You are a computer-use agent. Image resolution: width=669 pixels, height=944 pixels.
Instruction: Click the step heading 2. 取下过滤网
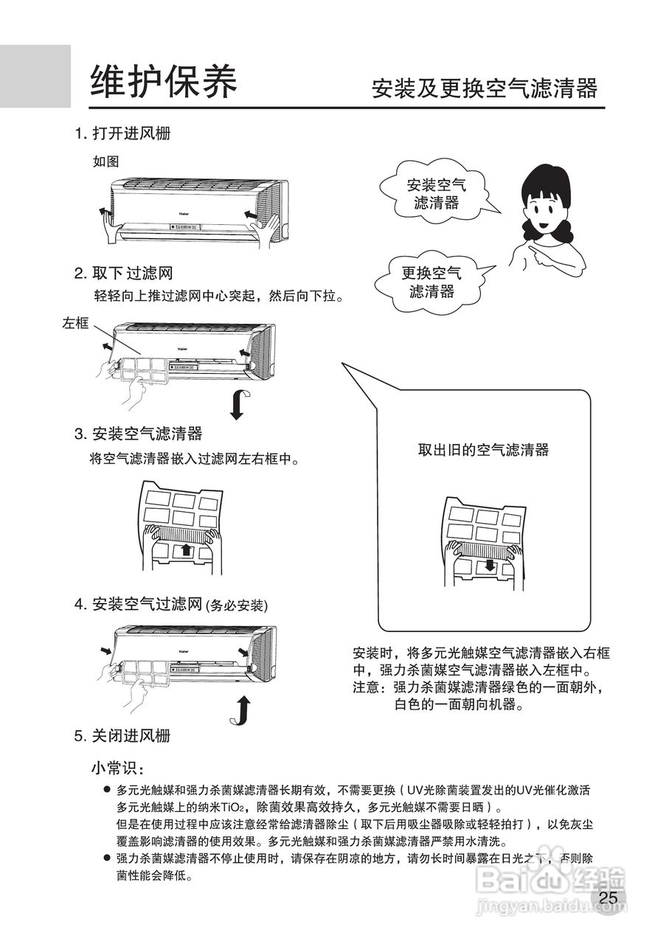pyautogui.click(x=123, y=274)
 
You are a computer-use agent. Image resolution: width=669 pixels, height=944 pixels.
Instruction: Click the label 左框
pyautogui.click(x=75, y=323)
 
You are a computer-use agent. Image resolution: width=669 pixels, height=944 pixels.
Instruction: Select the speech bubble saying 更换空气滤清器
pyautogui.click(x=431, y=282)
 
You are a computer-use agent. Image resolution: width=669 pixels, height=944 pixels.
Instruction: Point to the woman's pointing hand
pyautogui.click(x=538, y=254)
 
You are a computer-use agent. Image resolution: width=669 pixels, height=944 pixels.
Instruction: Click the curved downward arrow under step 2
pyautogui.click(x=239, y=403)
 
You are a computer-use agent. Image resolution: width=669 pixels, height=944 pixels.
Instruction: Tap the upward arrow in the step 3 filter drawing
pyautogui.click(x=187, y=549)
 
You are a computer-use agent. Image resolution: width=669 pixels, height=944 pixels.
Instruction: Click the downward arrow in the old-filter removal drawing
pyautogui.click(x=488, y=566)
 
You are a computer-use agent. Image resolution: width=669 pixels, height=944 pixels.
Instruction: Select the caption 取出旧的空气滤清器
pyautogui.click(x=483, y=450)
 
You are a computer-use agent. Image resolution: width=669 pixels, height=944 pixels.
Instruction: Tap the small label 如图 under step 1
pyautogui.click(x=105, y=161)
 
